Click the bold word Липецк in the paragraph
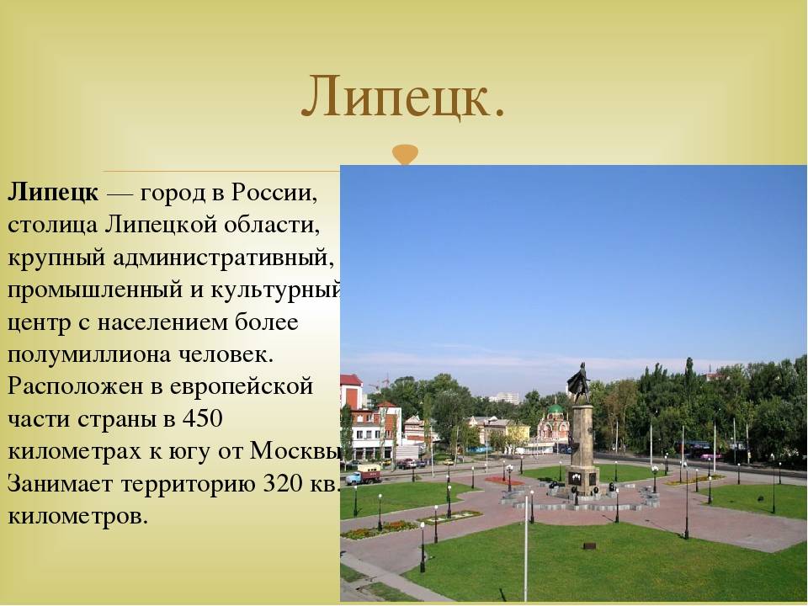[52, 194]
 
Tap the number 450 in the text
[203, 418]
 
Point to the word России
[274, 194]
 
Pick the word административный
[220, 258]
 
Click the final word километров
[77, 516]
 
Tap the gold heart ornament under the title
[405, 155]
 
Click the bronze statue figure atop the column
[579, 382]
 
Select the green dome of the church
[555, 411]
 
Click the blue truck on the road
[363, 474]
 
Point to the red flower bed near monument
[504, 481]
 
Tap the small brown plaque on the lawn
[590, 545]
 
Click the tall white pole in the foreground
[525, 546]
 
